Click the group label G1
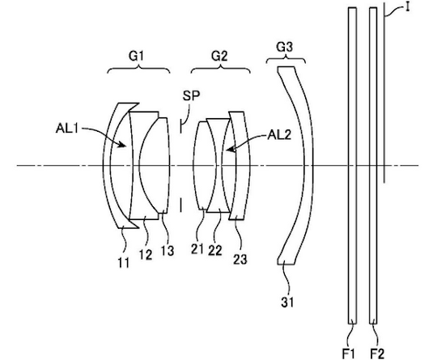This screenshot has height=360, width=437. [136, 56]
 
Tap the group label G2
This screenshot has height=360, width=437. [219, 56]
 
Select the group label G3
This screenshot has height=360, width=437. [284, 47]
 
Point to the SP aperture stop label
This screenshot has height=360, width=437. [191, 95]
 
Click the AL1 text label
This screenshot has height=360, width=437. [67, 129]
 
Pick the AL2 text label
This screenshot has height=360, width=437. [279, 135]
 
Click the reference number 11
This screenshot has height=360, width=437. [123, 262]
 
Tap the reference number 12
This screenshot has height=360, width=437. [146, 255]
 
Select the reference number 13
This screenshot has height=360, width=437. [168, 251]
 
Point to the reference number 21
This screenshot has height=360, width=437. [197, 249]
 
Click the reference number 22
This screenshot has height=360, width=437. [215, 251]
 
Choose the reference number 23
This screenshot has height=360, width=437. [240, 259]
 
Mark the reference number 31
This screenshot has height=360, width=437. [287, 302]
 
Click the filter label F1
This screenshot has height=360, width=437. [348, 354]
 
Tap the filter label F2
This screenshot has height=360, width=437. [377, 354]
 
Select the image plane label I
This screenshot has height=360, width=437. [407, 7]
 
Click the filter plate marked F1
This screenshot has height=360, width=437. [352, 166]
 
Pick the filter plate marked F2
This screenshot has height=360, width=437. [373, 166]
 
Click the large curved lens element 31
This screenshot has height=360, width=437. [308, 166]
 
